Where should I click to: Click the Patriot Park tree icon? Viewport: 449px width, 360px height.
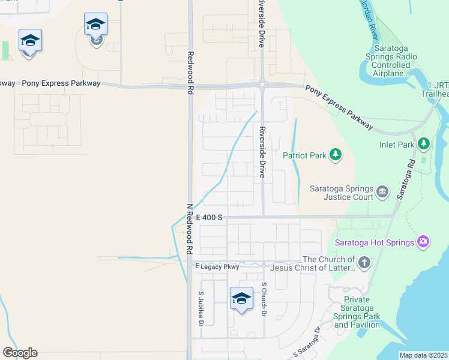[336, 156]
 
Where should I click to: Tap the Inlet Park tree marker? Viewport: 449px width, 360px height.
[424, 144]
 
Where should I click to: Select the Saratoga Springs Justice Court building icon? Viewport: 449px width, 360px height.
[382, 193]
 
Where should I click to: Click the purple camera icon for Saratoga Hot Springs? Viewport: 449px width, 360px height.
[423, 242]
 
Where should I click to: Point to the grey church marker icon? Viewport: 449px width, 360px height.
[364, 262]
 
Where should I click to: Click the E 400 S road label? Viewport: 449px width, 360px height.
[208, 217]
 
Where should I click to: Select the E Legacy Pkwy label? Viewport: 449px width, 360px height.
[217, 266]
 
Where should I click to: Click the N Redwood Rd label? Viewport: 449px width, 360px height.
[189, 229]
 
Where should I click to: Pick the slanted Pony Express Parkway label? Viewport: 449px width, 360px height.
[339, 108]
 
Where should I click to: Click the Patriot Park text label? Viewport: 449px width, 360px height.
[304, 156]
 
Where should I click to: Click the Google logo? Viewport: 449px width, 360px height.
[20, 353]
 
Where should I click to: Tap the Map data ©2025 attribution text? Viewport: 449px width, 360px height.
[423, 355]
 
